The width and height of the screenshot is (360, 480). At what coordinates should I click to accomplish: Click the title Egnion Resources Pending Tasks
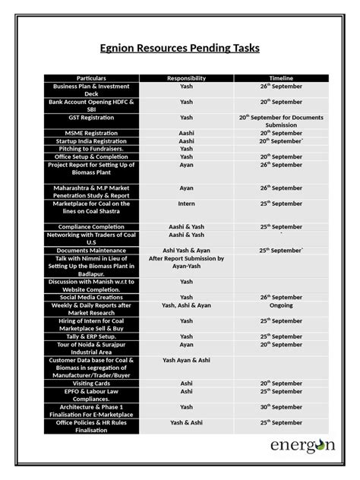(x=180, y=49)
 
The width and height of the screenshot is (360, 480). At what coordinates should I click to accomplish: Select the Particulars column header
(x=92, y=78)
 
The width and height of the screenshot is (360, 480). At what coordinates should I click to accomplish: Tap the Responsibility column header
(x=186, y=78)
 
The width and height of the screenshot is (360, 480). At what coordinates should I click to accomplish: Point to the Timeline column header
(x=281, y=78)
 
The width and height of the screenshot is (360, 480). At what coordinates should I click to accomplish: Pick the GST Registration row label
(x=92, y=118)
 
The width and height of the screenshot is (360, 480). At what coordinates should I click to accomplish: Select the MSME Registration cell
(x=92, y=133)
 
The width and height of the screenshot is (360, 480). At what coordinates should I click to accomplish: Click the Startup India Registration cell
(x=92, y=141)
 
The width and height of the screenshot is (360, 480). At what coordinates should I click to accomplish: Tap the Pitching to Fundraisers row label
(x=92, y=148)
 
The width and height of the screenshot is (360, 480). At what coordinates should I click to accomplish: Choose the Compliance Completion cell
(x=92, y=226)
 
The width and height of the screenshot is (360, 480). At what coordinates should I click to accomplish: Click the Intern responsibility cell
(x=186, y=204)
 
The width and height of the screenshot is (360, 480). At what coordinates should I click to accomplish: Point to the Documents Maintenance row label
(x=92, y=249)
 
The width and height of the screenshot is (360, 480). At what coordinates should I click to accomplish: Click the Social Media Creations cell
(x=92, y=297)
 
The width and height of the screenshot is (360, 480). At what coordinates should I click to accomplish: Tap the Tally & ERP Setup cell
(x=92, y=336)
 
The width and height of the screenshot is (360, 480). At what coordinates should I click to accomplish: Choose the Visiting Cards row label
(x=92, y=384)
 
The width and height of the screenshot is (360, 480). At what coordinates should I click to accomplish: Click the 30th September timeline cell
(x=281, y=406)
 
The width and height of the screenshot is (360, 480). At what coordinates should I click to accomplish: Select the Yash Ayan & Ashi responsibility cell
(x=186, y=360)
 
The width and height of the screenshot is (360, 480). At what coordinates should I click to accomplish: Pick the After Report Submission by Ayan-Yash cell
(x=186, y=262)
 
